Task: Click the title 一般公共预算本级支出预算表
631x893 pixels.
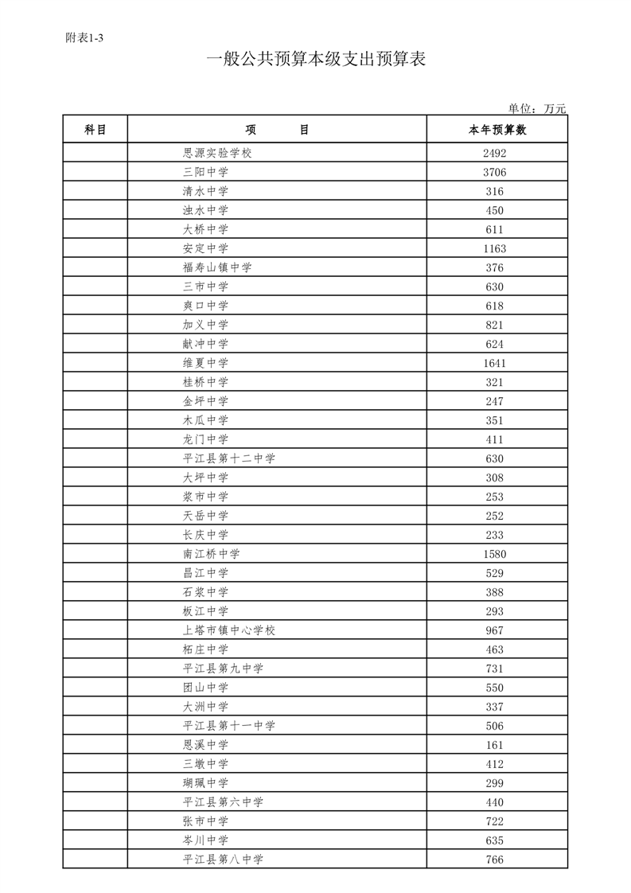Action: coord(315,60)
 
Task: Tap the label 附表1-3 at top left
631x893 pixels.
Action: coord(84,37)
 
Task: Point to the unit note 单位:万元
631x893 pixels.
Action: coord(536,109)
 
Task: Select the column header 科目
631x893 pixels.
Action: coord(95,130)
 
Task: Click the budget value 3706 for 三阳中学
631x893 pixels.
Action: coord(494,172)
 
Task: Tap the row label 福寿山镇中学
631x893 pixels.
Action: coord(217,267)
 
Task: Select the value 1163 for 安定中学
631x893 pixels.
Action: coord(494,248)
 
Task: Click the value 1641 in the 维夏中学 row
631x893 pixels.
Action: coord(494,363)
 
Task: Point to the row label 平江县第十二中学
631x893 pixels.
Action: coord(229,458)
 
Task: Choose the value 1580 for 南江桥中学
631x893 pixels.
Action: coord(494,554)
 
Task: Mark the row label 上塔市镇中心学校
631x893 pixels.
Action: coord(229,630)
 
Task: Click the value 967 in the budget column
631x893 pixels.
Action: coord(494,630)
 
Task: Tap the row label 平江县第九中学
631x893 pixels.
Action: coord(223,669)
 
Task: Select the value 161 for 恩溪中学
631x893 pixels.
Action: coord(494,745)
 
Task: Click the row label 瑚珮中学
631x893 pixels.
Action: coord(205,783)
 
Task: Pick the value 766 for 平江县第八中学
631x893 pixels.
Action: coord(494,860)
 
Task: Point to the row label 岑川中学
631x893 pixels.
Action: coord(205,840)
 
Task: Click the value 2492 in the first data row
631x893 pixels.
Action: coord(494,153)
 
